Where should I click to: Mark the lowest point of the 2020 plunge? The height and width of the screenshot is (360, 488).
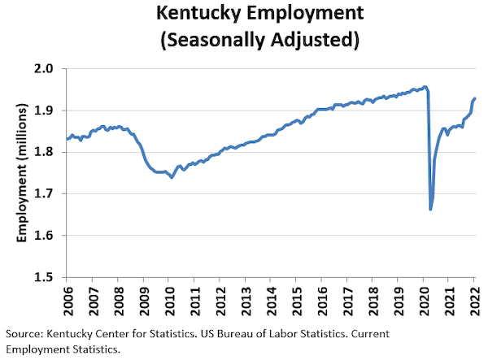430,209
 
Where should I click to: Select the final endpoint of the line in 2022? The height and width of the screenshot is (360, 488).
475,98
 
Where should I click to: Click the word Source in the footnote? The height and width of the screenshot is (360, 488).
24,334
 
